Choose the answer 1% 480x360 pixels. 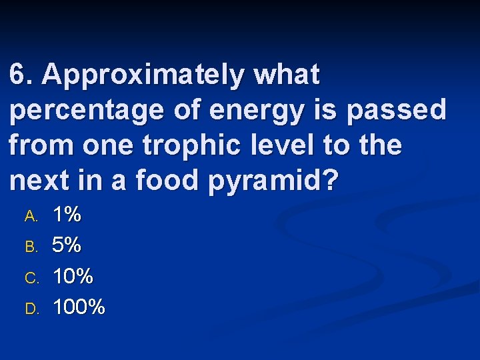pyautogui.click(x=67, y=215)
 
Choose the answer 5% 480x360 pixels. pyautogui.click(x=67, y=245)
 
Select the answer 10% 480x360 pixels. pyautogui.click(x=73, y=276)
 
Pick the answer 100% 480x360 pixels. pyautogui.click(x=79, y=307)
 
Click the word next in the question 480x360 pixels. pyautogui.click(x=39, y=181)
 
